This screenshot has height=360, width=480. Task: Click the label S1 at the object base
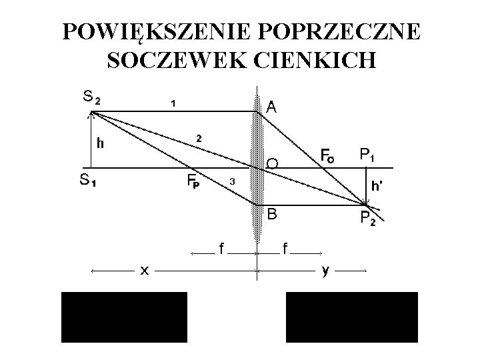click(87, 179)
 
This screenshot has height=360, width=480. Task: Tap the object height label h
click(99, 142)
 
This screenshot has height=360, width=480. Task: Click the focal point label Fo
click(327, 157)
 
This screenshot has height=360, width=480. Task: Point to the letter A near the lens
click(272, 107)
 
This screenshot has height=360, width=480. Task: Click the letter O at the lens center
click(272, 163)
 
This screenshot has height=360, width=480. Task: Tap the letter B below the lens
click(272, 213)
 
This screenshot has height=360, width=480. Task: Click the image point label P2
click(367, 217)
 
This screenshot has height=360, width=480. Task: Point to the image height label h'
click(376, 187)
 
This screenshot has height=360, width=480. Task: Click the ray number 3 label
click(231, 181)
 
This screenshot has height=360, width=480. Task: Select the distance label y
click(325, 270)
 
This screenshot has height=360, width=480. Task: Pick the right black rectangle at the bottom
click(351, 317)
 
